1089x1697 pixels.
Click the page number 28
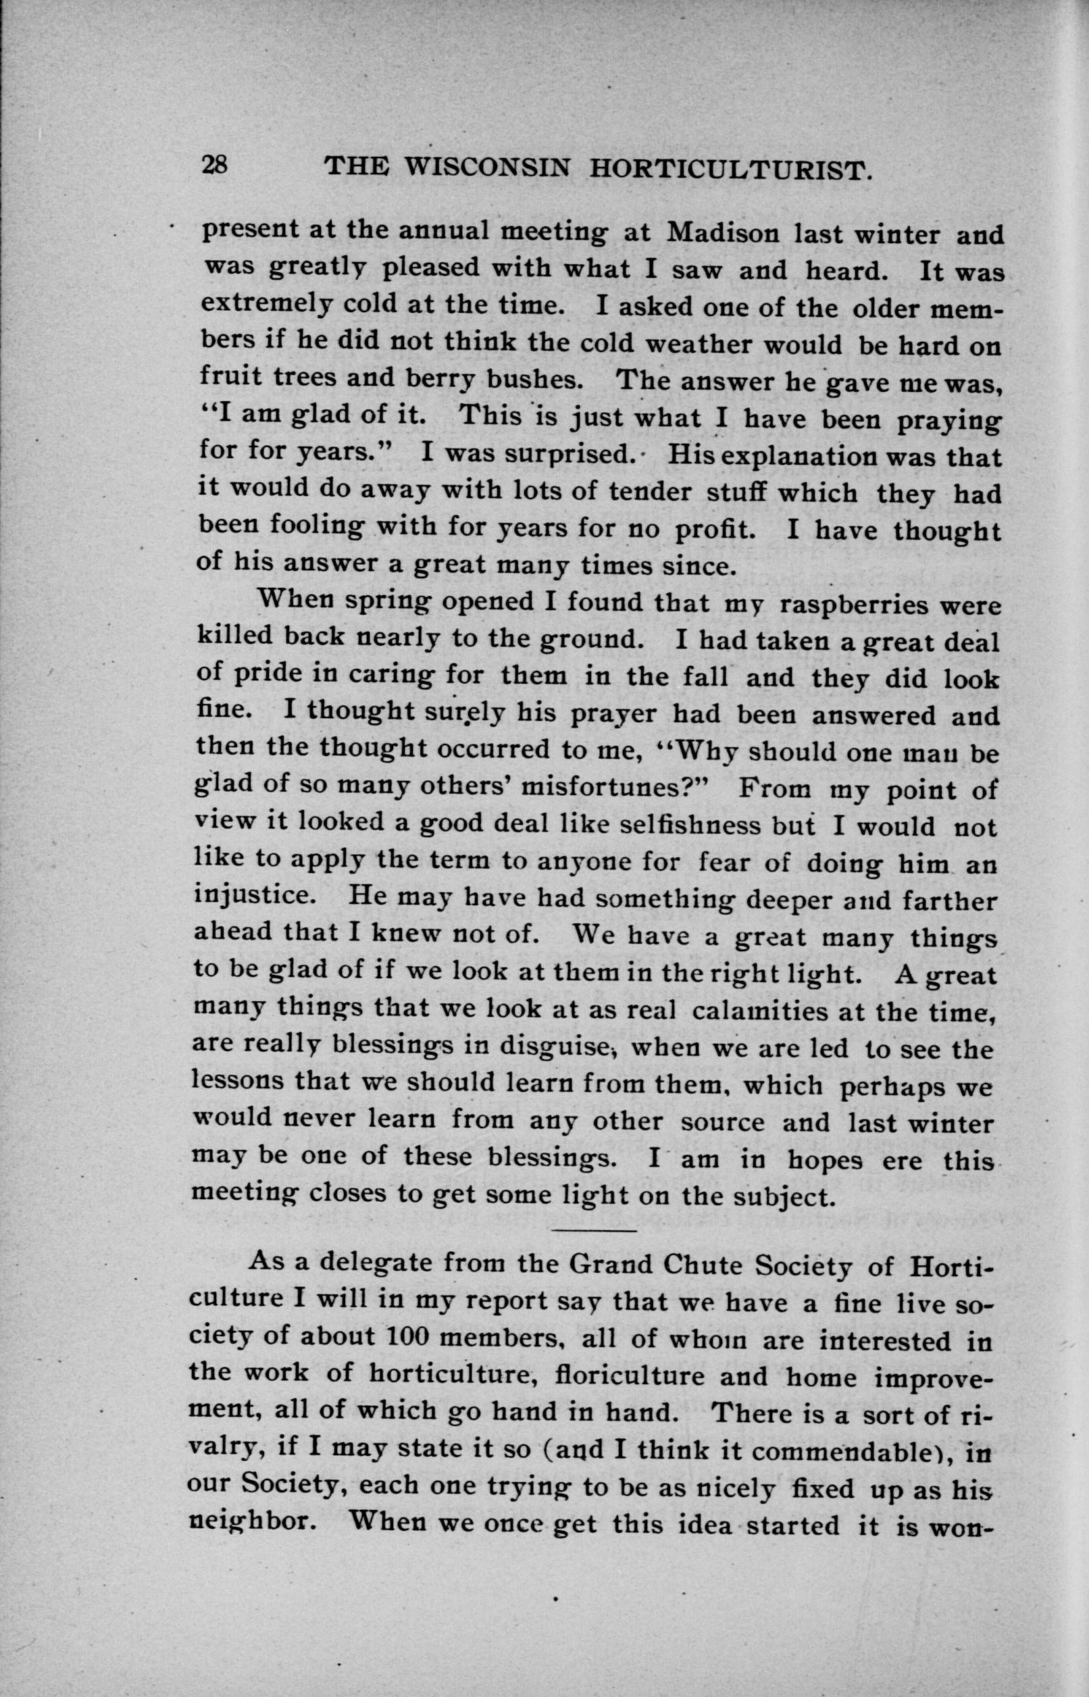click(x=213, y=165)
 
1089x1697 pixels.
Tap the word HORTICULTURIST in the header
click(x=728, y=169)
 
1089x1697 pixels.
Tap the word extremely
click(x=265, y=306)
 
